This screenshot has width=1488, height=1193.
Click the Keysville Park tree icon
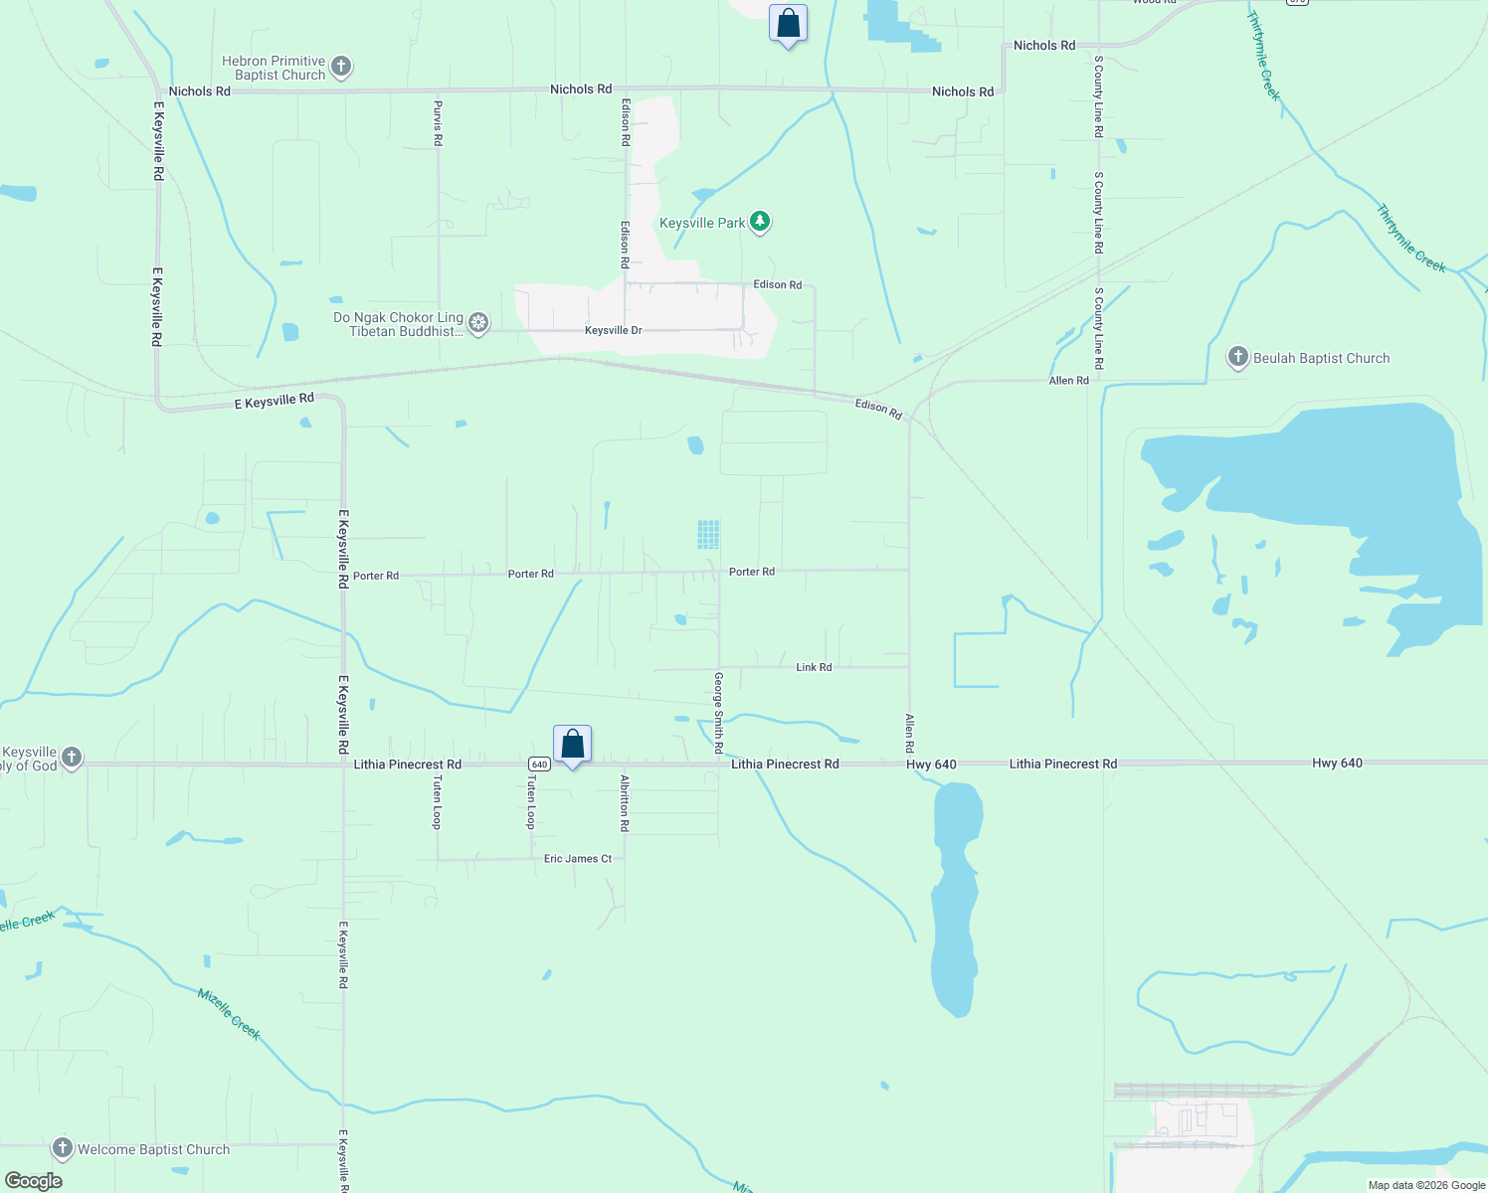click(760, 222)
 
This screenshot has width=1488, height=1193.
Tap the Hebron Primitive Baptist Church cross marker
click(341, 68)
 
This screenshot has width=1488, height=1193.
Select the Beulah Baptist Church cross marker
click(1237, 358)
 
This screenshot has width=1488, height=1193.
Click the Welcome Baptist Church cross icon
click(63, 1149)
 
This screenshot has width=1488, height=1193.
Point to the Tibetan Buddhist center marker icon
click(478, 323)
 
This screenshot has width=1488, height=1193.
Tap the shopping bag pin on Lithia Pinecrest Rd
click(573, 745)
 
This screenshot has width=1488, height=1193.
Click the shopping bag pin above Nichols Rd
click(788, 24)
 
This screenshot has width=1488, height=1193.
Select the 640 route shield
click(539, 764)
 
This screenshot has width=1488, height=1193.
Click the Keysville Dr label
click(613, 330)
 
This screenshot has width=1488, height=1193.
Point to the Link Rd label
click(814, 667)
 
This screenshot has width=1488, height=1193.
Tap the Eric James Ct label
click(578, 858)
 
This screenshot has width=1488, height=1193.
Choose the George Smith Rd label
click(719, 712)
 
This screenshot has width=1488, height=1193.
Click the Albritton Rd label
click(625, 803)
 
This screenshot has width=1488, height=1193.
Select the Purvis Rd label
click(438, 122)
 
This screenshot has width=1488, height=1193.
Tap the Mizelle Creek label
click(229, 1014)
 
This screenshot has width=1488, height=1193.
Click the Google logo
click(34, 1181)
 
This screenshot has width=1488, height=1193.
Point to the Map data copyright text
click(1426, 1185)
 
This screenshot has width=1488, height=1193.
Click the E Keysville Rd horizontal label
click(274, 401)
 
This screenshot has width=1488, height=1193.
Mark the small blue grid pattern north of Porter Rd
click(708, 535)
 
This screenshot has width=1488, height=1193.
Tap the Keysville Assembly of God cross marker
click(72, 759)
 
